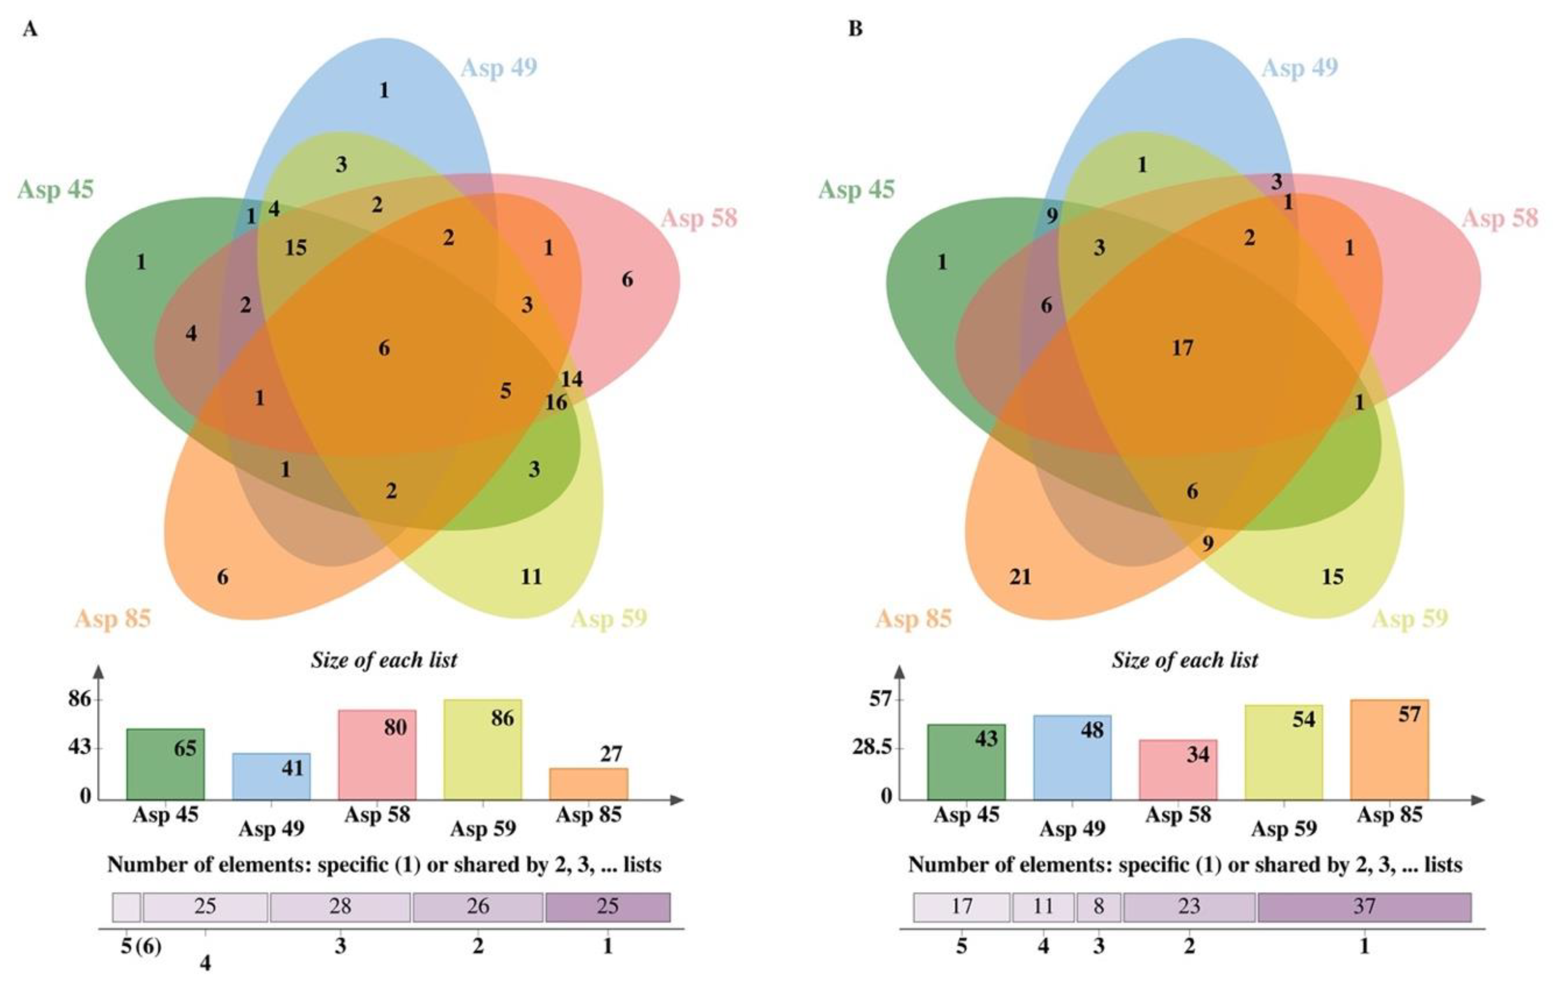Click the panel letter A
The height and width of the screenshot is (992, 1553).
point(29,29)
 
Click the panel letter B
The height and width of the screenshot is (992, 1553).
point(855,29)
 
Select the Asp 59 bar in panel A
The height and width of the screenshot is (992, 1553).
point(482,751)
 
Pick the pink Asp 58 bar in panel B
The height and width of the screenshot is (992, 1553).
point(1178,770)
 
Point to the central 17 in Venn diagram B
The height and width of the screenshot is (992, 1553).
point(1182,349)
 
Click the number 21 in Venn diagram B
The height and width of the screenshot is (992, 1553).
point(1020,577)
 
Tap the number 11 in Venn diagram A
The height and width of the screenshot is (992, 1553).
point(531,577)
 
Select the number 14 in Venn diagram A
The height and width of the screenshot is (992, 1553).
point(572,379)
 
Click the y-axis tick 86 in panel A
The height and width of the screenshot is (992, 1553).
point(80,699)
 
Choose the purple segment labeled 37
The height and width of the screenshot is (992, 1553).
point(1364,907)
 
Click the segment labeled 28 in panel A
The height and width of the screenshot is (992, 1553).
point(340,907)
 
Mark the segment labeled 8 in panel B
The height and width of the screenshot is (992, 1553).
point(1098,907)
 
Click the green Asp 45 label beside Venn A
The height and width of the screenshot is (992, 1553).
point(55,189)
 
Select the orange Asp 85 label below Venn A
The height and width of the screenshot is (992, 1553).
point(113,619)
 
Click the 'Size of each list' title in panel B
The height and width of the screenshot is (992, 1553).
point(1185,660)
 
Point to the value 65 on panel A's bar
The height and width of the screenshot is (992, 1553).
point(185,748)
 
